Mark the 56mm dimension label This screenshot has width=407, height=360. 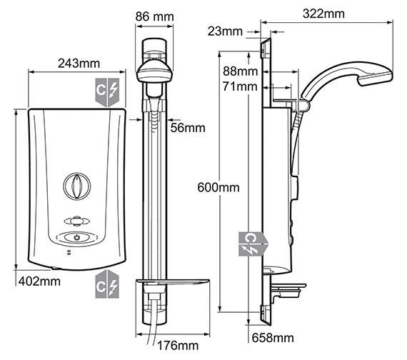coord(188,128)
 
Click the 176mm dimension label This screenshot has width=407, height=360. coord(178,346)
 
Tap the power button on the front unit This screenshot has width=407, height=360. coord(76,238)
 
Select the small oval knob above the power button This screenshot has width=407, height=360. coord(76,221)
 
